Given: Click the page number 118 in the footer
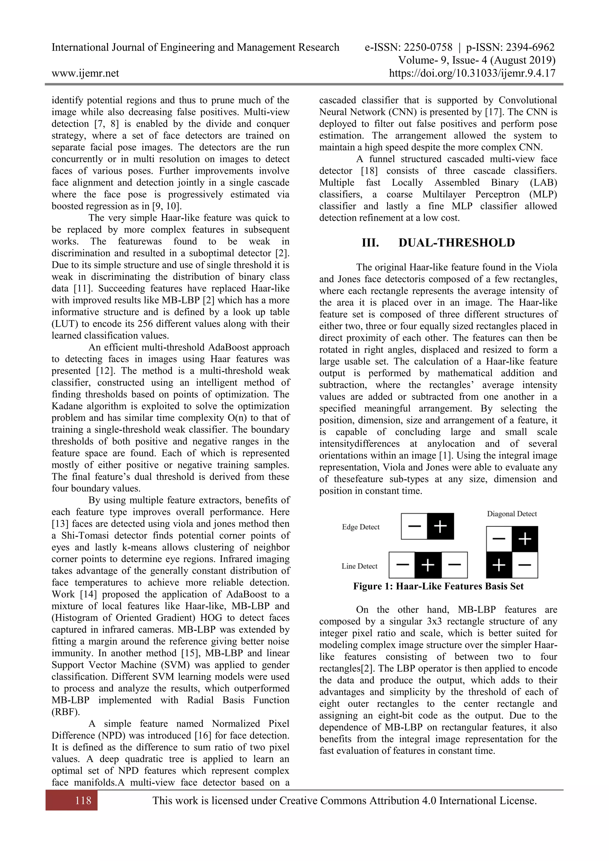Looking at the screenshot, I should pyautogui.click(x=83, y=801).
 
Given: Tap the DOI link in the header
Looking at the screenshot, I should pyautogui.click(x=472, y=73).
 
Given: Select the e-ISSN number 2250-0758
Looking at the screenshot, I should pyautogui.click(x=427, y=47).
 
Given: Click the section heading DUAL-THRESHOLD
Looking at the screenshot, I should pyautogui.click(x=456, y=243).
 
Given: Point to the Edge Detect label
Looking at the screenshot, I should pyautogui.click(x=361, y=527).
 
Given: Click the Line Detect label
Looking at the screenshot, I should pyautogui.click(x=359, y=566).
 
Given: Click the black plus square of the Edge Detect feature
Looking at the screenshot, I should pyautogui.click(x=440, y=526).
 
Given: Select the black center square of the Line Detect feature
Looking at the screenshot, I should pyautogui.click(x=428, y=565).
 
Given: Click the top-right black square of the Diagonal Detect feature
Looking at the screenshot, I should pyautogui.click(x=525, y=539).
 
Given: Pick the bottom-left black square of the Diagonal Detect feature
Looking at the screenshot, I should pyautogui.click(x=499, y=565).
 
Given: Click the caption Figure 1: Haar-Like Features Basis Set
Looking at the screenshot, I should pyautogui.click(x=438, y=586).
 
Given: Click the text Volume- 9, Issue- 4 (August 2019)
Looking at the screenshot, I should pyautogui.click(x=477, y=60).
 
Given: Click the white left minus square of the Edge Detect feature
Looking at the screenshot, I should pyautogui.click(x=414, y=526).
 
